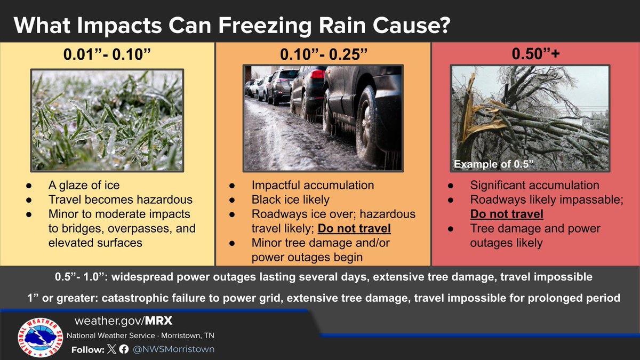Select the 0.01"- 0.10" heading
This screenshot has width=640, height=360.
[x=107, y=55]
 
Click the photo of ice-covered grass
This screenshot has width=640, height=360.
[x=107, y=119]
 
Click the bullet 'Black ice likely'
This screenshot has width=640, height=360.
[x=291, y=200]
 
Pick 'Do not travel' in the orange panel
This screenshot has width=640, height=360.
[x=354, y=229]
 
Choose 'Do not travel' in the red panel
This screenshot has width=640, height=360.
[x=507, y=214]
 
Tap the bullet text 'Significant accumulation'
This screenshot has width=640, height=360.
[x=535, y=186]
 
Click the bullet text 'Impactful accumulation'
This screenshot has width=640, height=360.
[x=313, y=186]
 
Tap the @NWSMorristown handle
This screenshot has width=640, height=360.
[x=173, y=349]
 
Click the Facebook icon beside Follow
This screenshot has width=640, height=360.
[x=124, y=349]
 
